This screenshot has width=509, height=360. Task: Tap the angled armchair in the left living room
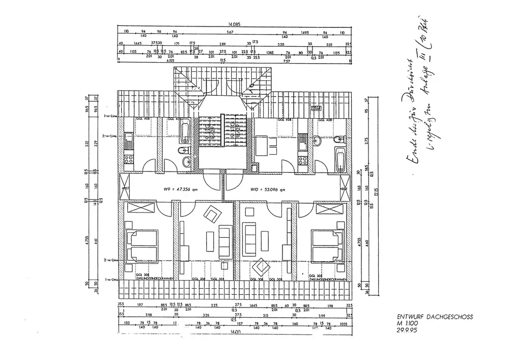point(211,214)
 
